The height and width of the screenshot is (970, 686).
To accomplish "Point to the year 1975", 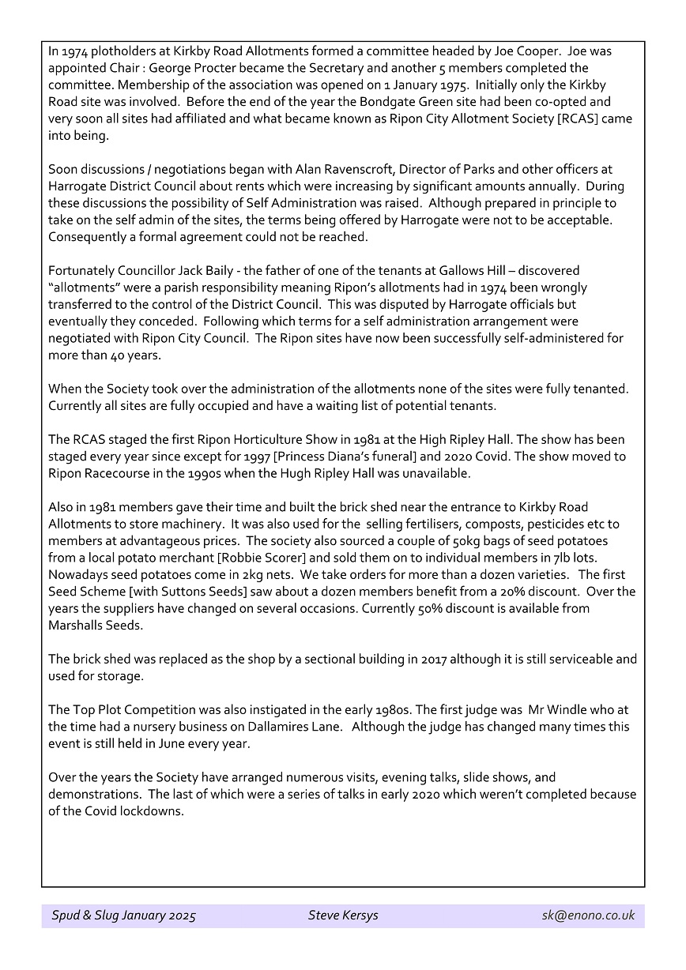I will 421,85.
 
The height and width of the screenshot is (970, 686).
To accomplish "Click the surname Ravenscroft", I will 319,170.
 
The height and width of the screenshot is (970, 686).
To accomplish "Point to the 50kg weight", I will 461,541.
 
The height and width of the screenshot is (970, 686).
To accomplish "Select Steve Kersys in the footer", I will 343,915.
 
